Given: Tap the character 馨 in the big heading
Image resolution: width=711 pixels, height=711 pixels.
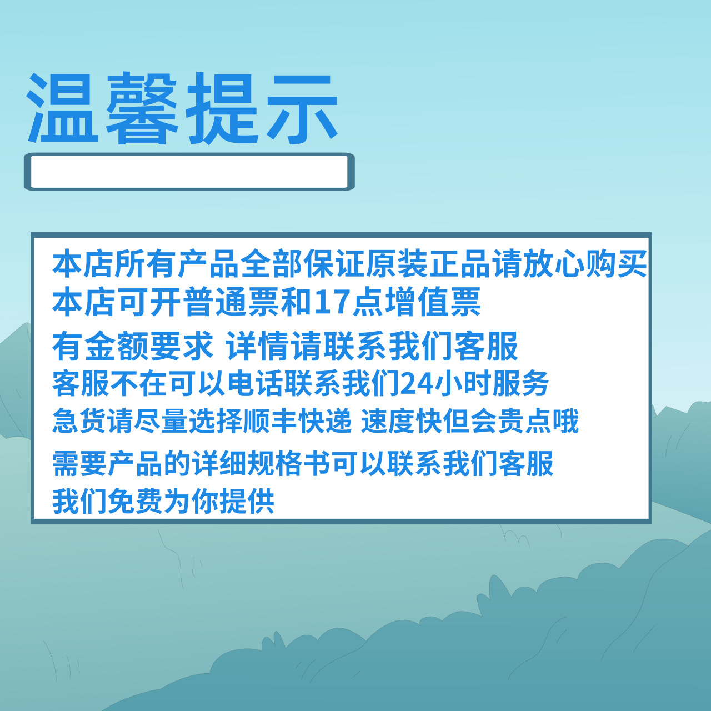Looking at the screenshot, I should (142, 108).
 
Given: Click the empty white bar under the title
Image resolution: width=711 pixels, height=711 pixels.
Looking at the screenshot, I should (189, 172).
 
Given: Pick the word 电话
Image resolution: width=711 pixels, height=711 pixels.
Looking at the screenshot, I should (256, 384).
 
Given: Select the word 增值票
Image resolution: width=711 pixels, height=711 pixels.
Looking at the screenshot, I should (433, 303).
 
